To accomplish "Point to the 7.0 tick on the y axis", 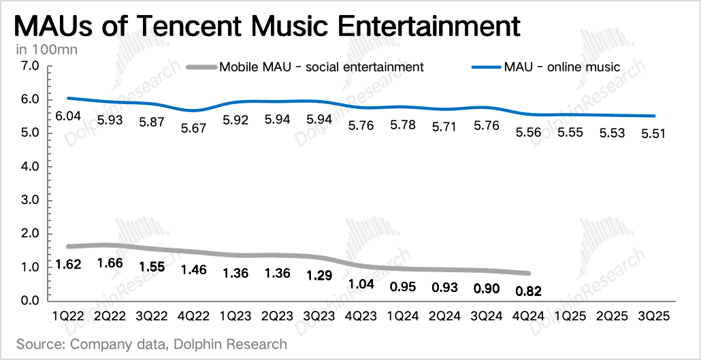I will tap(33, 66).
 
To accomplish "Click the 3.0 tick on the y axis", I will tap(33, 200).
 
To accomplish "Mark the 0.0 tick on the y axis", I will tap(33, 301).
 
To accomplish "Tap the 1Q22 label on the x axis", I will tap(69, 316).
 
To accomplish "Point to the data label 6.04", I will tap(69, 117).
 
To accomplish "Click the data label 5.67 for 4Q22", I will tap(195, 128).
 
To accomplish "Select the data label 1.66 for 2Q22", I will tap(110, 263).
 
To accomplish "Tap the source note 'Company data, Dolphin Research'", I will tap(151, 344).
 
